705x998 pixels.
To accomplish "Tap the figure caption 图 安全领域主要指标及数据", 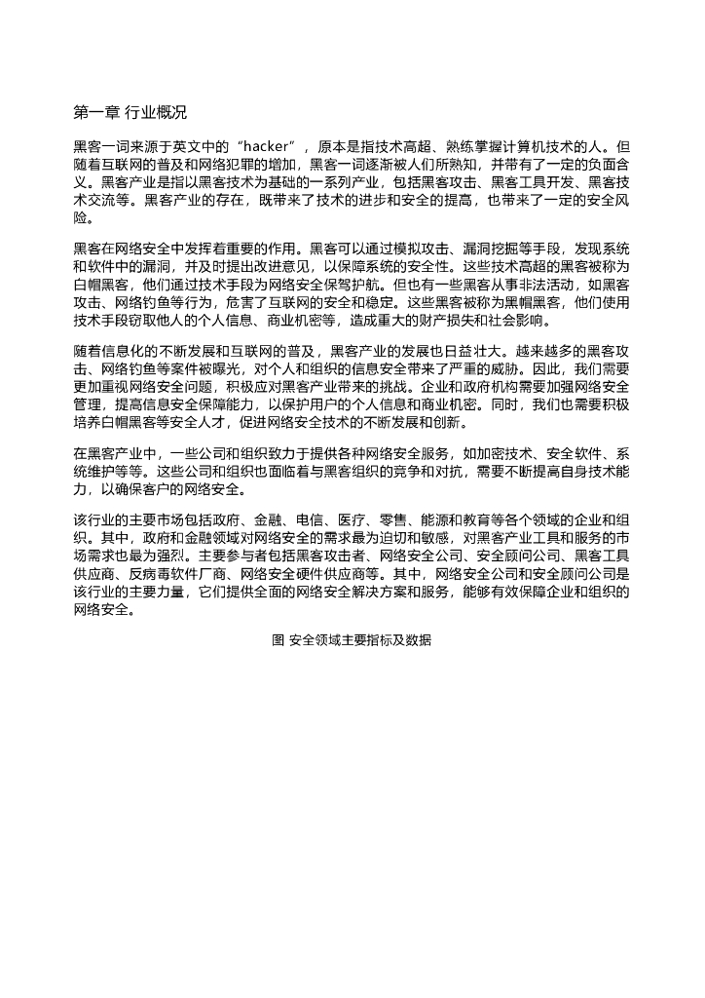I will pos(352,640).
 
